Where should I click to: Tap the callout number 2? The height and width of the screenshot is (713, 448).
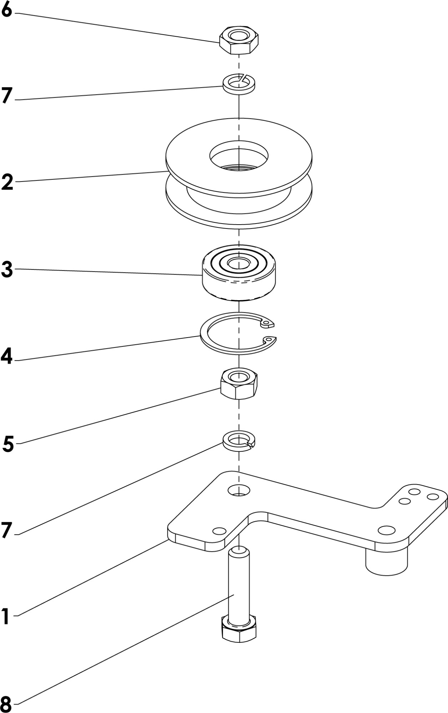click(7, 182)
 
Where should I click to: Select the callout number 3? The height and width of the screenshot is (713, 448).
click(7, 270)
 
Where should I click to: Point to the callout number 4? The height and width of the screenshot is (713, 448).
click(6, 356)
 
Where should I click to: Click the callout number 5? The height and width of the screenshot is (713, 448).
click(8, 444)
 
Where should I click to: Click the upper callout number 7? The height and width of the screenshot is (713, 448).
click(7, 96)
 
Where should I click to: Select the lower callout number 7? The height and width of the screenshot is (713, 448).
click(7, 530)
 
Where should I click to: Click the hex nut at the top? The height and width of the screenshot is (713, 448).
click(238, 40)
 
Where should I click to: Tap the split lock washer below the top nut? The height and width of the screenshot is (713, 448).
click(239, 84)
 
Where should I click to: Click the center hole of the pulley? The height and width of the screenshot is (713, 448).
click(239, 156)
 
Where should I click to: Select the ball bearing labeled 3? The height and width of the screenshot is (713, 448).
click(239, 273)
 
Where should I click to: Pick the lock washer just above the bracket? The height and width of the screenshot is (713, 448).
click(239, 441)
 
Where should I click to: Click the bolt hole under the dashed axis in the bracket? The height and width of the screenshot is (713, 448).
click(239, 490)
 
